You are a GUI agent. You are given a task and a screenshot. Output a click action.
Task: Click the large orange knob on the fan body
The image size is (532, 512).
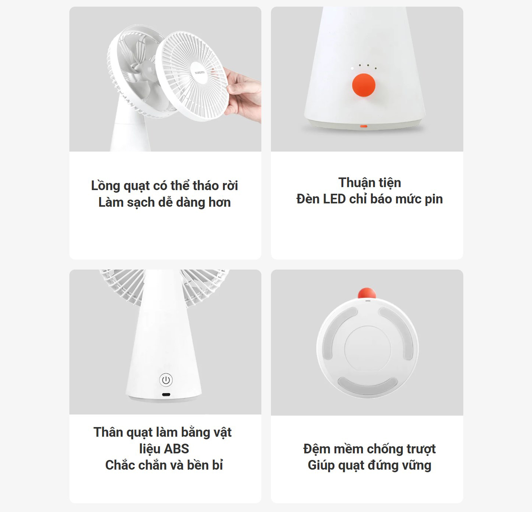coord(364,85)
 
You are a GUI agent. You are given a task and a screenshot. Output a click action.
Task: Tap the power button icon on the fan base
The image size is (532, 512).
coord(166,380)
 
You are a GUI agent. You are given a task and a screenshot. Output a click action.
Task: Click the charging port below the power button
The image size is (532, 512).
coord(166,394)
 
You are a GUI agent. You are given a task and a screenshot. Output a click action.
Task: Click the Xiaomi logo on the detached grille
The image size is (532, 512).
coord(200,73)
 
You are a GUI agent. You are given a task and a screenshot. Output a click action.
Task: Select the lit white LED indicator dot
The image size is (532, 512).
coord(352,68)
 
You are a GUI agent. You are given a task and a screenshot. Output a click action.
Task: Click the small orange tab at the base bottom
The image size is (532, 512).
coord(364,126)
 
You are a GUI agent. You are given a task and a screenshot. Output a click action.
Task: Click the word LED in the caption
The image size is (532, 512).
coord(334,199)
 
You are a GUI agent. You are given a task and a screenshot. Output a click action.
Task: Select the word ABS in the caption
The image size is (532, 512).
coord(176,449)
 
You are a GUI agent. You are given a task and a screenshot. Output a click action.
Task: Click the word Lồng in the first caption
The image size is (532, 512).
coord(105,186)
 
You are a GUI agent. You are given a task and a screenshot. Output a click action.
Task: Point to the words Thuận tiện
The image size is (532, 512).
coord(370,183)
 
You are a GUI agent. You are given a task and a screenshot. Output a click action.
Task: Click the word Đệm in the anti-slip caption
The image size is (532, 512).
coord(317,449)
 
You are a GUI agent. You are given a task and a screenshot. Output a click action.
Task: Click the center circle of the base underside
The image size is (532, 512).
coord(368,348)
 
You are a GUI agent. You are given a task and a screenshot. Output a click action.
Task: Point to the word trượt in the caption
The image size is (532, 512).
coord(420,449)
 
